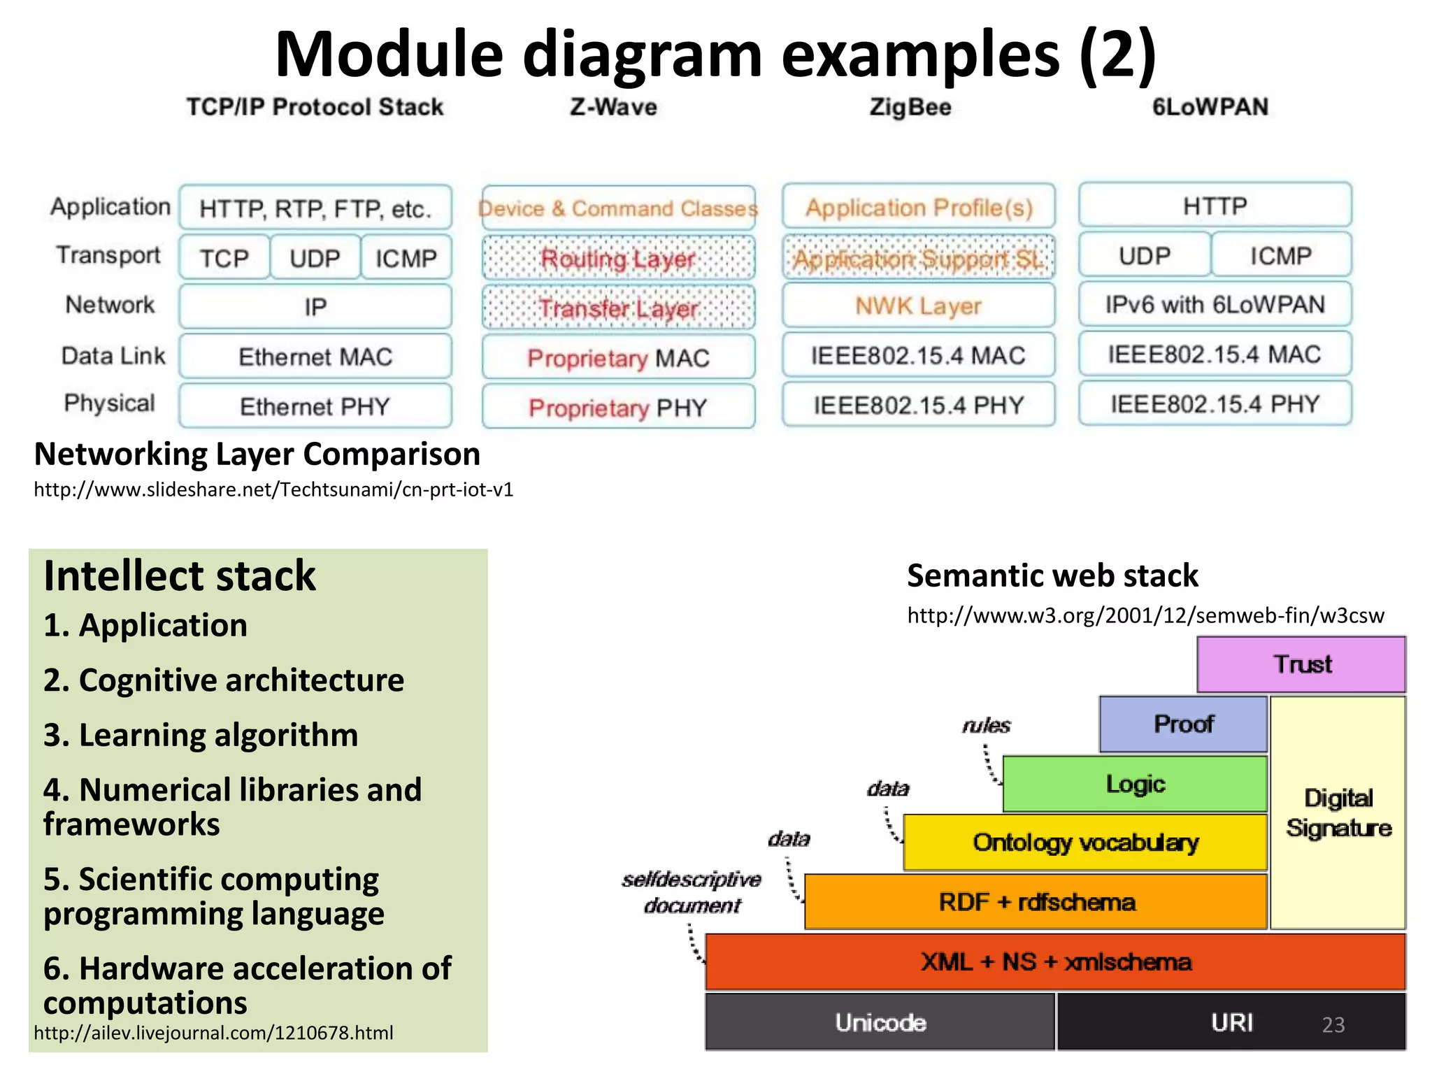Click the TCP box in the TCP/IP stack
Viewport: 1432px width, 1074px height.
click(x=224, y=258)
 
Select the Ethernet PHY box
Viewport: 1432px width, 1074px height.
click(x=315, y=406)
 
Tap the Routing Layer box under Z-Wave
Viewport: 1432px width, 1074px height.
click(x=618, y=259)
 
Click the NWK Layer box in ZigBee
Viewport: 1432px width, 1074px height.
click(x=918, y=306)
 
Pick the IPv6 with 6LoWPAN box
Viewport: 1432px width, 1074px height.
click(x=1215, y=305)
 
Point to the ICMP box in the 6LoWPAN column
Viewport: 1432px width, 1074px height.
click(x=1280, y=256)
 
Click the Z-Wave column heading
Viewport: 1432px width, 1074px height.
click(x=613, y=107)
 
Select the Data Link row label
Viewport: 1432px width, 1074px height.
click(x=113, y=355)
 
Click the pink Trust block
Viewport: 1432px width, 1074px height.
click(x=1301, y=664)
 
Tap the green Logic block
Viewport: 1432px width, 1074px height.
click(x=1134, y=784)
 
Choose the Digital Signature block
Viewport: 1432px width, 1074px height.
click(x=1338, y=812)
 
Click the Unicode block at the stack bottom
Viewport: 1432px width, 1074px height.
click(x=880, y=1022)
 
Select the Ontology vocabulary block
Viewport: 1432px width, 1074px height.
click(x=1084, y=843)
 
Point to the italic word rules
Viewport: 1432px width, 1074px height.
click(x=986, y=725)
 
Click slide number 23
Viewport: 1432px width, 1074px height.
click(x=1333, y=1024)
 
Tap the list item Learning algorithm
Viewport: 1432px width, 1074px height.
click(x=201, y=735)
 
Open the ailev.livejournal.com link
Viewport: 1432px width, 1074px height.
click(x=213, y=1033)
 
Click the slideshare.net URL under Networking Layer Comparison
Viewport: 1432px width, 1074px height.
click(x=273, y=489)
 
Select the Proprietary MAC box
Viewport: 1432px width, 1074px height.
click(x=618, y=358)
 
